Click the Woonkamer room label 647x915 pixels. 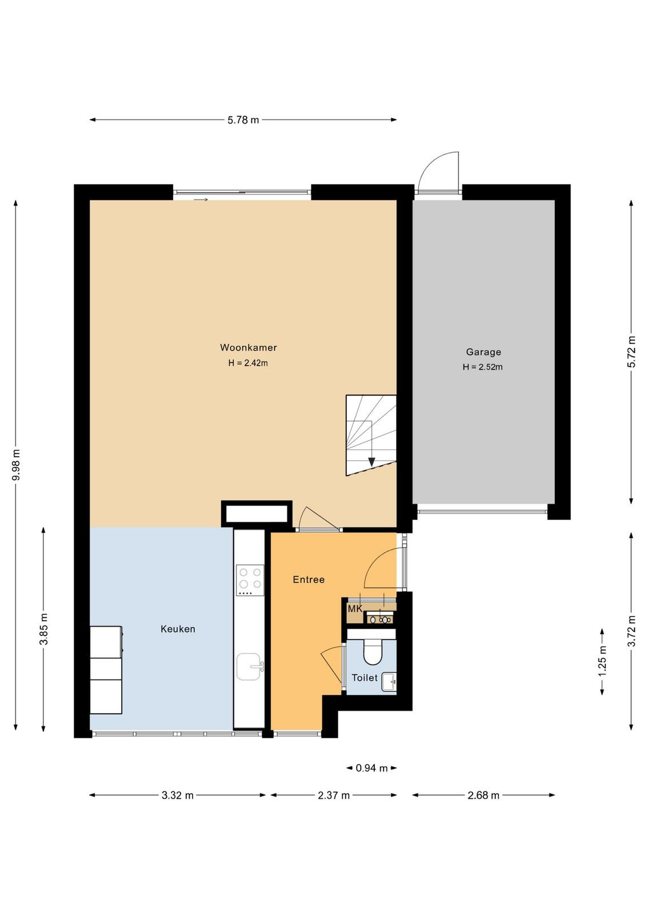[x=248, y=348]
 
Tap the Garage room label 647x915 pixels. [x=484, y=352]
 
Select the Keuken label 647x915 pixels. [x=178, y=629]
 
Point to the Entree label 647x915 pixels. [x=309, y=580]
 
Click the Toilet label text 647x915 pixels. [x=365, y=678]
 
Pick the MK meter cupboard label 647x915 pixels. [x=355, y=609]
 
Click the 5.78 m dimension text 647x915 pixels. [x=243, y=120]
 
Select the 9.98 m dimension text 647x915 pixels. [x=16, y=466]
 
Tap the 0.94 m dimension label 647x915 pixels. [x=372, y=769]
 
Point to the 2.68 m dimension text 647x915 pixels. [x=484, y=795]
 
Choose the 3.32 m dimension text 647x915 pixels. [x=178, y=795]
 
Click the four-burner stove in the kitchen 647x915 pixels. [x=250, y=580]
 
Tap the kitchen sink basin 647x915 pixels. [x=249, y=667]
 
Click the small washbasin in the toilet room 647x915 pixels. [x=389, y=682]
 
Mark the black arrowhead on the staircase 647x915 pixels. [x=372, y=462]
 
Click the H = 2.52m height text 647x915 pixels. [x=482, y=367]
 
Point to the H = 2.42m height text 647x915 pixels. [x=248, y=363]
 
